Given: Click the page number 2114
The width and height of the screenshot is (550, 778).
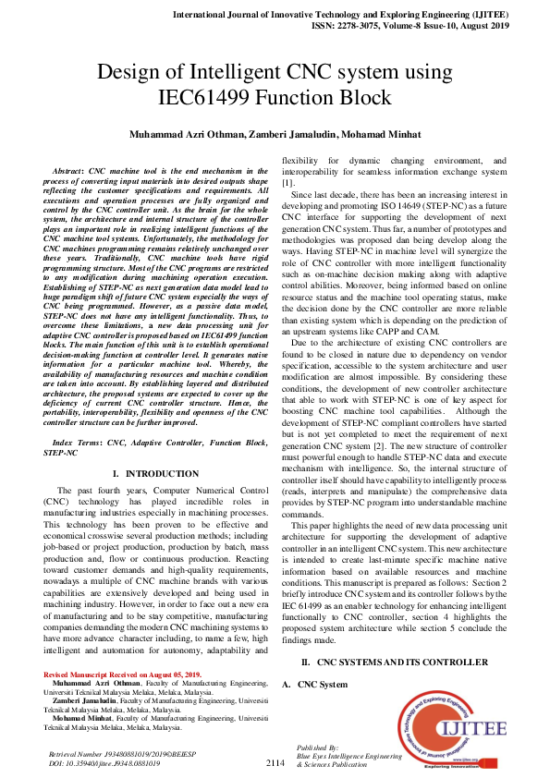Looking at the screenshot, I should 275,763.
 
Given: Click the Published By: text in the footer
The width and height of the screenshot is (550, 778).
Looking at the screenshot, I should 317,746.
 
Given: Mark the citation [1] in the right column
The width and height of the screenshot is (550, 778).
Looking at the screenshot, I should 287,184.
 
